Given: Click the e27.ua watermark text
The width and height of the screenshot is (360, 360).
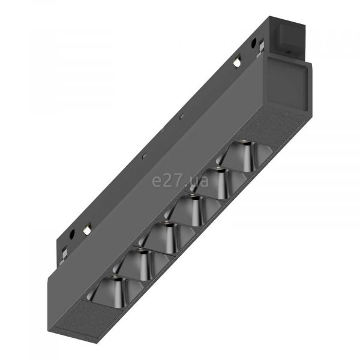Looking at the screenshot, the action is (x=180, y=181).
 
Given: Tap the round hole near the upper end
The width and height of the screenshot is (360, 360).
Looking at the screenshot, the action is (x=254, y=43).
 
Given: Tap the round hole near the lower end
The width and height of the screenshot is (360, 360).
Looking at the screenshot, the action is (x=72, y=234).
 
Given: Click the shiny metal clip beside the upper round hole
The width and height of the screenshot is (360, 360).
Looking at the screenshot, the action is (x=237, y=62).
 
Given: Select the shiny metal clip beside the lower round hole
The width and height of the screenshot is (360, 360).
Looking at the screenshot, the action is (x=87, y=229).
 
